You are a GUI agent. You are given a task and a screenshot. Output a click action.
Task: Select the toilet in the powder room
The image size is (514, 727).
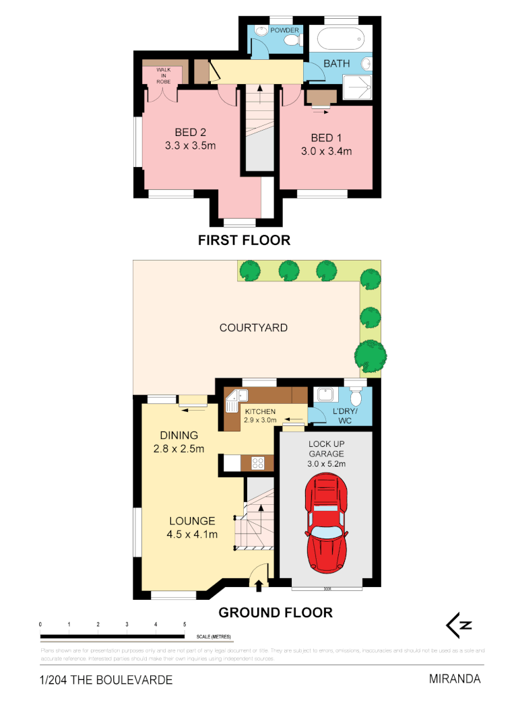tap(291, 41)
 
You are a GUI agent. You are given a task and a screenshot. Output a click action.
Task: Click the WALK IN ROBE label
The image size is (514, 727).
tap(164, 75)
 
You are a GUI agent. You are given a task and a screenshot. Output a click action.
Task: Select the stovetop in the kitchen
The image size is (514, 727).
tap(257, 462)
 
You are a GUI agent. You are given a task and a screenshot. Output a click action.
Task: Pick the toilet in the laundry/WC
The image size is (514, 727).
tap(356, 396)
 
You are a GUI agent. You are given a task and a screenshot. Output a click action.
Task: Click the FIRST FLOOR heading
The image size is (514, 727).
tap(243, 240)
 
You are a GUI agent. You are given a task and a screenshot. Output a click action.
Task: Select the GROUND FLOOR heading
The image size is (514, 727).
tap(275, 613)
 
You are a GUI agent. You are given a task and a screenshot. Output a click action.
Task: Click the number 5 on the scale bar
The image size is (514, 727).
tap(185, 625)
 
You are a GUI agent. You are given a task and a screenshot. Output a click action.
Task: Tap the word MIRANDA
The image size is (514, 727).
tap(455, 679)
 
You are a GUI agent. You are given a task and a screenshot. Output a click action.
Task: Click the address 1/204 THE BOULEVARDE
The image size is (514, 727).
tap(106, 680)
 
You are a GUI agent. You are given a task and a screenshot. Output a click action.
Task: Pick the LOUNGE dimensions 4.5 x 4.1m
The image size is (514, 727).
tap(192, 535)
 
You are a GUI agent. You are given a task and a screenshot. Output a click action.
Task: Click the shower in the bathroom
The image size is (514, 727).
tap(357, 87)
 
